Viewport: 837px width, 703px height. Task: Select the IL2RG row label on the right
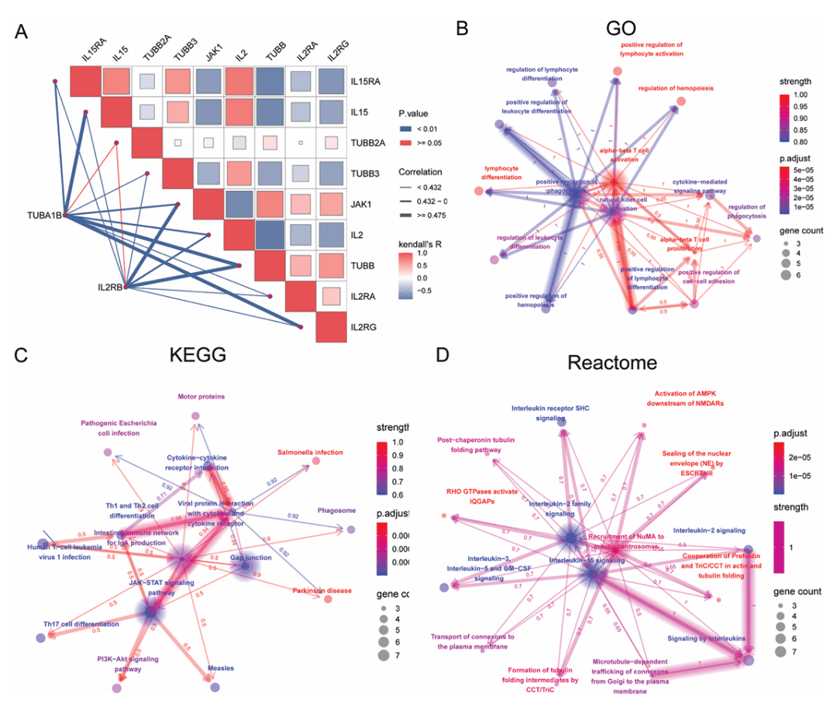tap(365, 328)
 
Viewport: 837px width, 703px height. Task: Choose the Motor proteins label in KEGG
tap(201, 396)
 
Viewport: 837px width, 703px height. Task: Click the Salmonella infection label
tap(310, 451)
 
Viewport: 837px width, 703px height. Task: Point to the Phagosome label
tap(336, 511)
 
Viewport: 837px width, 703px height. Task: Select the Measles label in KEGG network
tap(221, 667)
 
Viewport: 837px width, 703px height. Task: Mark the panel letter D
tap(443, 356)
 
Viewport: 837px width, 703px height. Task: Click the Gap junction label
tap(250, 557)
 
